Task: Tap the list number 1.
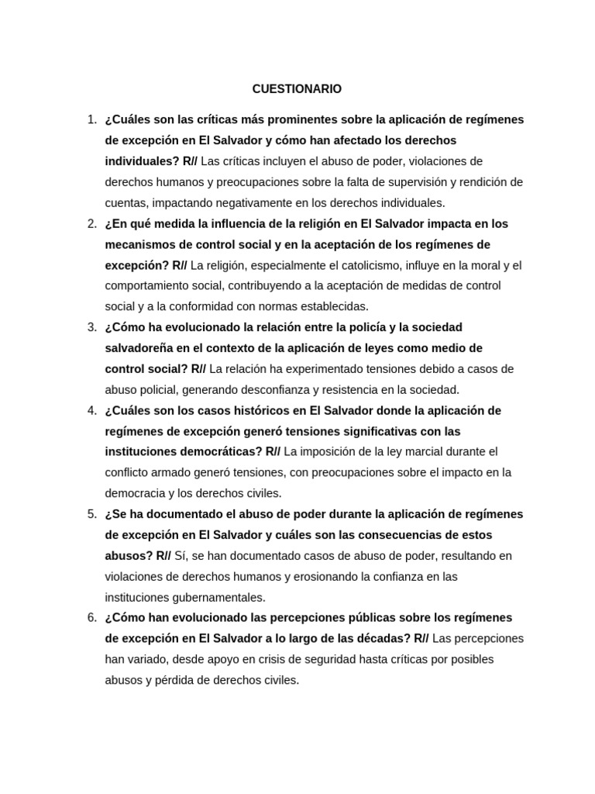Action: coord(91,119)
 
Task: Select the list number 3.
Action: coord(91,327)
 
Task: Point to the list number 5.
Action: coord(91,514)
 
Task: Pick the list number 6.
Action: coord(91,618)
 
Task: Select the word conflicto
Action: coord(129,472)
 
